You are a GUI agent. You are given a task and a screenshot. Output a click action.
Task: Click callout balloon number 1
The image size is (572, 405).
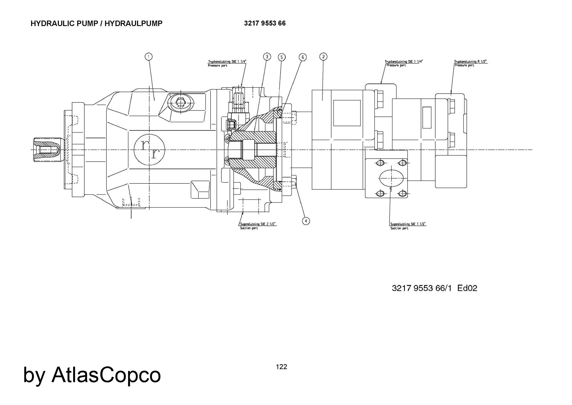point(148,57)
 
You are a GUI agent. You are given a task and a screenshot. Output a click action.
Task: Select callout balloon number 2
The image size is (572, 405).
point(323,57)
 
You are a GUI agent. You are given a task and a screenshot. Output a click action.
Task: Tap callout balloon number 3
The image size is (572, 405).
point(267,57)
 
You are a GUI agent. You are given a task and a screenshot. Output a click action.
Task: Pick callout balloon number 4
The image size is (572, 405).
point(306,221)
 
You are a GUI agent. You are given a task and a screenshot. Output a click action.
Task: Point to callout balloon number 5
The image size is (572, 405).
point(281,57)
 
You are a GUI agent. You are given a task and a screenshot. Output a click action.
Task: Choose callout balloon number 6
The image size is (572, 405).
point(303,57)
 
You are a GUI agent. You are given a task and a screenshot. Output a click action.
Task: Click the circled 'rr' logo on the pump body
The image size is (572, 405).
point(149,149)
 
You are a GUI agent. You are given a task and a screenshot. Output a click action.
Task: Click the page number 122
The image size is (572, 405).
point(281,367)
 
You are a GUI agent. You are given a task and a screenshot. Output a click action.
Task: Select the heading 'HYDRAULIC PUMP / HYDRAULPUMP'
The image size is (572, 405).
point(96,23)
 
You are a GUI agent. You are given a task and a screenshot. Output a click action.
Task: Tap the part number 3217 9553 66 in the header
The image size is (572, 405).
point(265,23)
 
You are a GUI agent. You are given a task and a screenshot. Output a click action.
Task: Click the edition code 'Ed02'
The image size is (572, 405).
point(467,288)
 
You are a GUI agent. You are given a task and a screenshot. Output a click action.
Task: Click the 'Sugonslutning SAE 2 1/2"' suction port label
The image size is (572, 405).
point(258,224)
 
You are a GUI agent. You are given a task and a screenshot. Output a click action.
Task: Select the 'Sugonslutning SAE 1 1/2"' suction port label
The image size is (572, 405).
point(408,224)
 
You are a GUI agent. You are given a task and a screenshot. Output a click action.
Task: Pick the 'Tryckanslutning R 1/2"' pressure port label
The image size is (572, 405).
point(470,62)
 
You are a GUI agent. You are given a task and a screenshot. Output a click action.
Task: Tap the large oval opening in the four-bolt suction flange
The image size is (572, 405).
point(391,178)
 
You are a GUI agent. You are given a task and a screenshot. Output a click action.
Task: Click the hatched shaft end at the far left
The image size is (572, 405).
point(46,150)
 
